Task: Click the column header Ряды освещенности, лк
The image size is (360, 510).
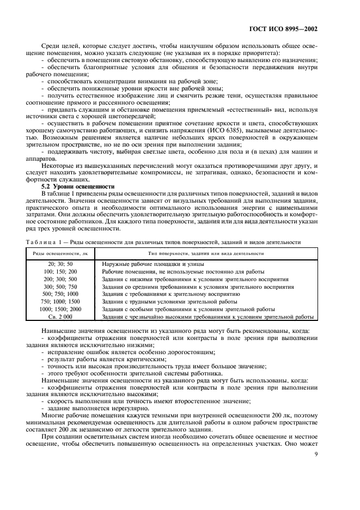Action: point(60,253)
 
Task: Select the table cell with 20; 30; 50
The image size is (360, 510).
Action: point(60,264)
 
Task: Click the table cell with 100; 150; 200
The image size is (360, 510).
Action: point(60,272)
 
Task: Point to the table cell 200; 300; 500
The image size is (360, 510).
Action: point(60,279)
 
